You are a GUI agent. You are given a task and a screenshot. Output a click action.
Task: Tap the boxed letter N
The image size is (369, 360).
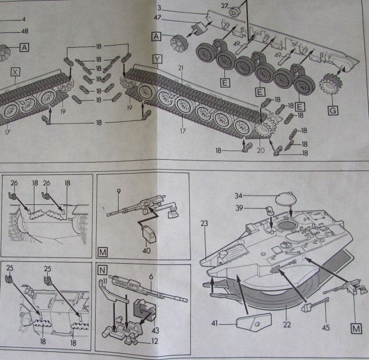[103, 269]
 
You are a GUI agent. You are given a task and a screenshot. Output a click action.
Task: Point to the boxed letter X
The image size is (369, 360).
[16, 73]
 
